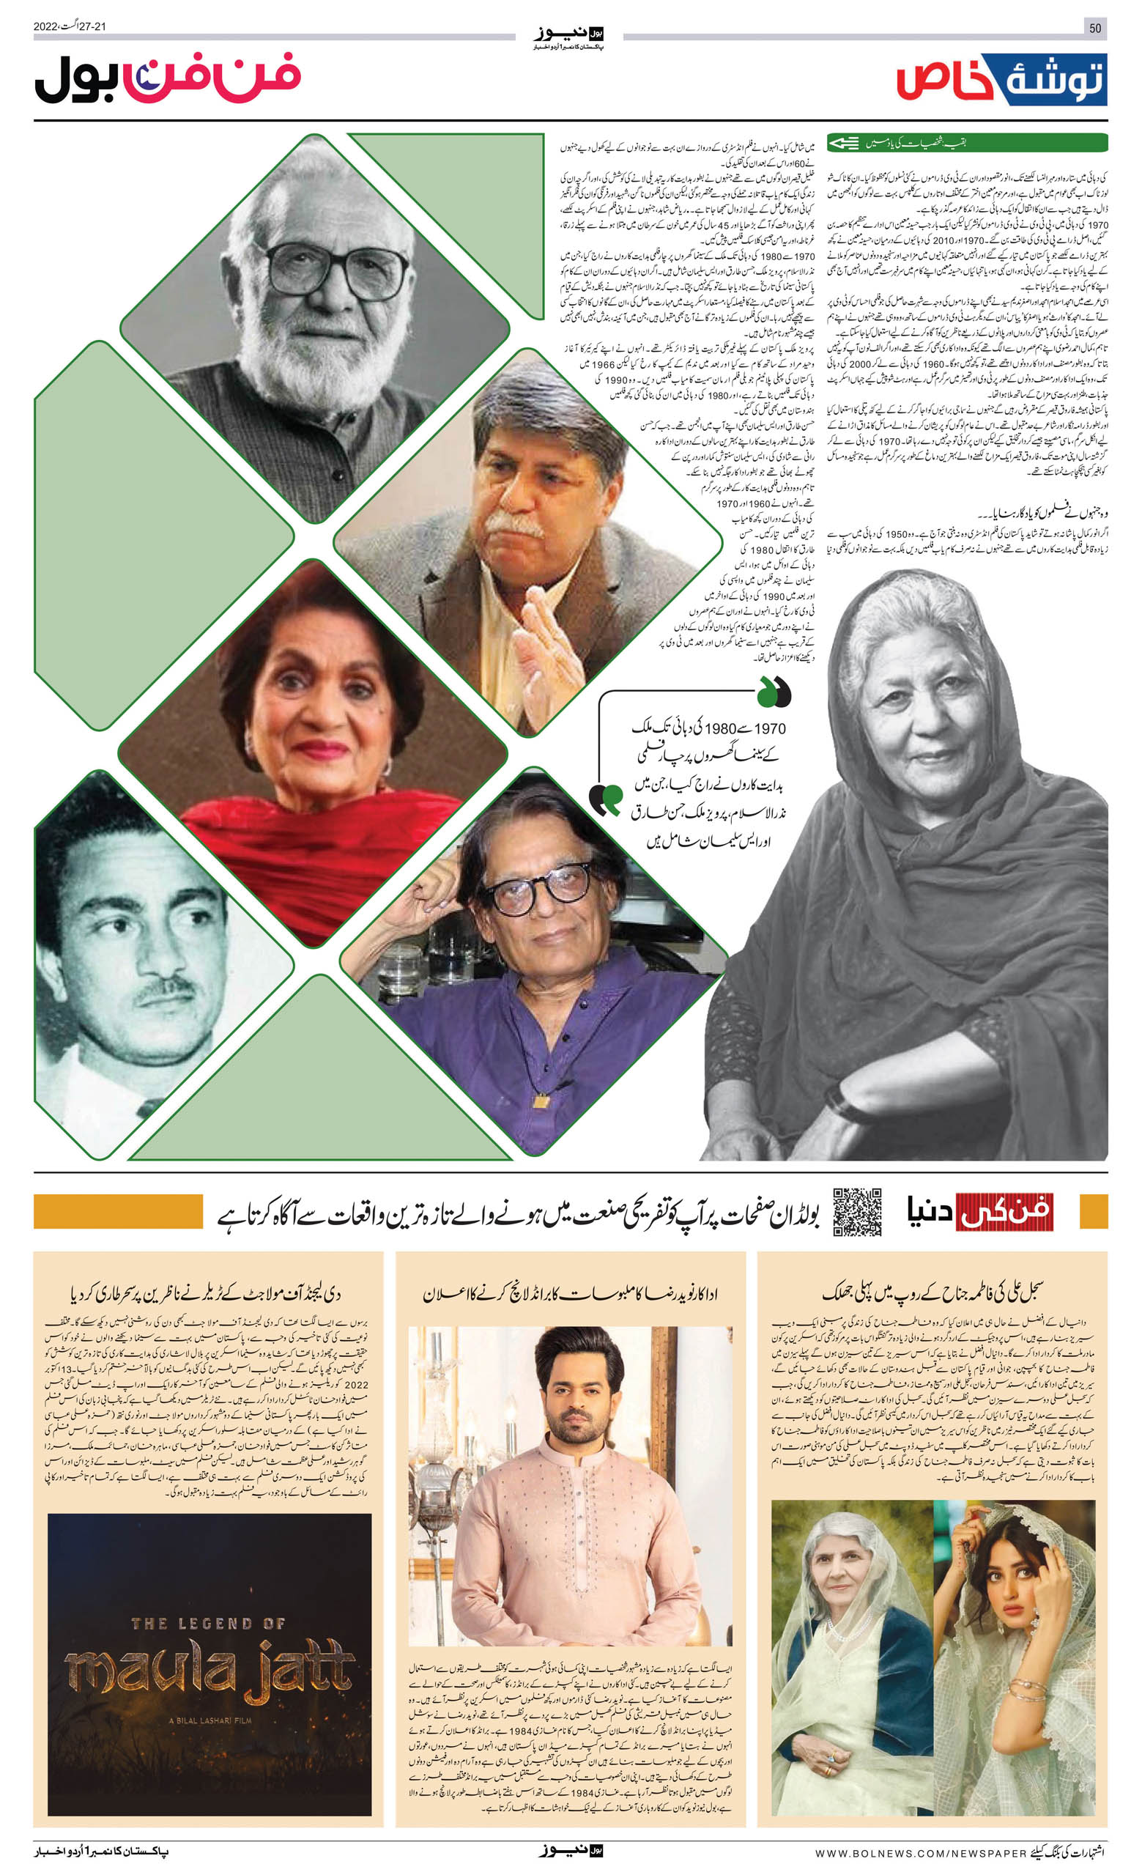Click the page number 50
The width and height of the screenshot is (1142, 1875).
point(1095,28)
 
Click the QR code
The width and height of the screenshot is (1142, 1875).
point(857,1210)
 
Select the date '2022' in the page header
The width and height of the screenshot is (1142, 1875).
point(45,26)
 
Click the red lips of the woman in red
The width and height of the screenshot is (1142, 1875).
point(320,750)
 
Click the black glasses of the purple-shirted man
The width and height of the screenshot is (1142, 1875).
point(539,888)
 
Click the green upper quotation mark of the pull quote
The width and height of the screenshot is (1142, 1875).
point(774,692)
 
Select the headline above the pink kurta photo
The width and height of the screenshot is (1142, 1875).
point(570,1294)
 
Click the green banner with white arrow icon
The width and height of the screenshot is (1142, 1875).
point(966,142)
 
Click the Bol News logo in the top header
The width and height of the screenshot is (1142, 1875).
point(570,35)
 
